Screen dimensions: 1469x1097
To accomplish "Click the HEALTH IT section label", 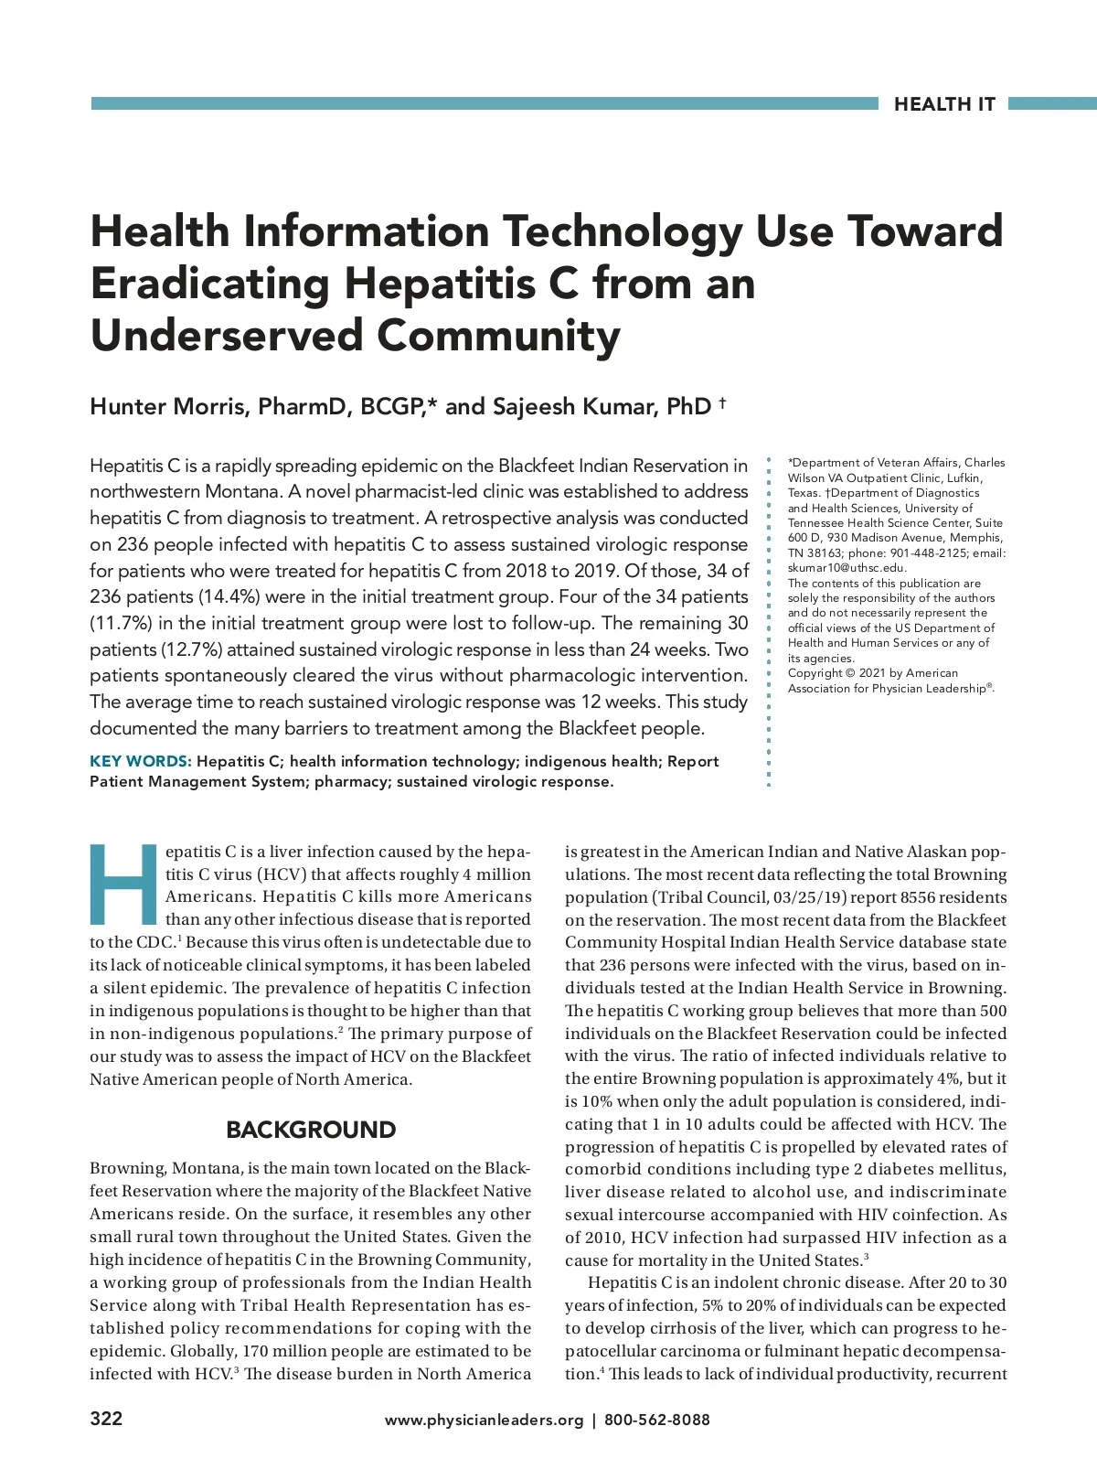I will coord(944,104).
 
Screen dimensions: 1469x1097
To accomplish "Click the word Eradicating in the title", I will coord(209,284).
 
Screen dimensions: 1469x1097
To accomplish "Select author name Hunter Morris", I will coord(169,407).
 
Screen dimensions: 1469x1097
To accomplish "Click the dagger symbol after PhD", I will coord(722,402).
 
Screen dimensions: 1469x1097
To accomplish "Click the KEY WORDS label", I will coord(140,762).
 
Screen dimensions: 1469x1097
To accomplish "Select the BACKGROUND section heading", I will coord(311,1131).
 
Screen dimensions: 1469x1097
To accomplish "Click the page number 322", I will coord(106,1420).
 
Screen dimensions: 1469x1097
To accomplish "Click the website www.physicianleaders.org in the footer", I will coord(484,1421).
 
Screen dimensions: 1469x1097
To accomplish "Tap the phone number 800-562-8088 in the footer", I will coord(656,1421).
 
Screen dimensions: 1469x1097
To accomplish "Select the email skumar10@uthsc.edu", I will coord(847,568).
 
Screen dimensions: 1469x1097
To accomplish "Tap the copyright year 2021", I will coord(874,673).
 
